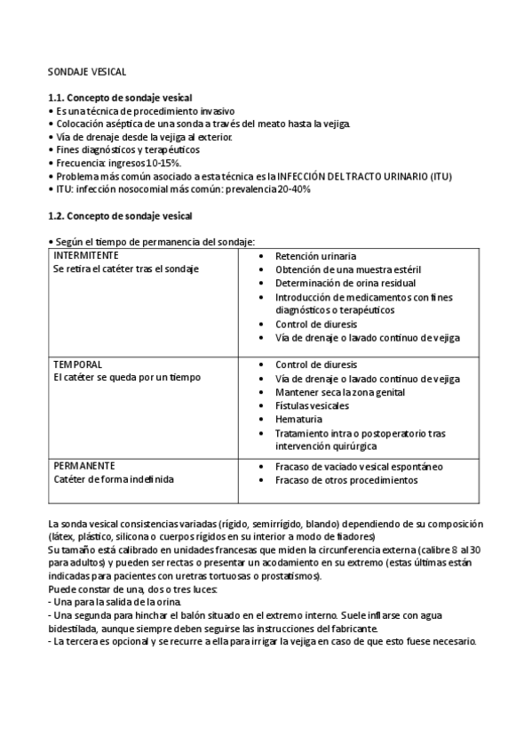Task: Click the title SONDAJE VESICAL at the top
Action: pyautogui.click(x=87, y=70)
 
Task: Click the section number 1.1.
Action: pyautogui.click(x=57, y=97)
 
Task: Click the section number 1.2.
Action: pyautogui.click(x=57, y=216)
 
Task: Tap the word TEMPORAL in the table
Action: pyautogui.click(x=77, y=365)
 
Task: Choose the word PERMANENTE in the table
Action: pyautogui.click(x=84, y=465)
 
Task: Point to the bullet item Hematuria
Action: pyautogui.click(x=298, y=419)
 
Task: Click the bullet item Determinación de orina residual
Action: pyautogui.click(x=340, y=283)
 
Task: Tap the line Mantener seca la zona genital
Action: pyautogui.click(x=340, y=392)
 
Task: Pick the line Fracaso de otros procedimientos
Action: pyautogui.click(x=345, y=480)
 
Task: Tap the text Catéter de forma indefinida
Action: pyautogui.click(x=113, y=479)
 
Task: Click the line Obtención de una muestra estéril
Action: pyautogui.click(x=347, y=269)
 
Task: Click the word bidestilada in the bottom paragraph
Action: pyautogui.click(x=74, y=629)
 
